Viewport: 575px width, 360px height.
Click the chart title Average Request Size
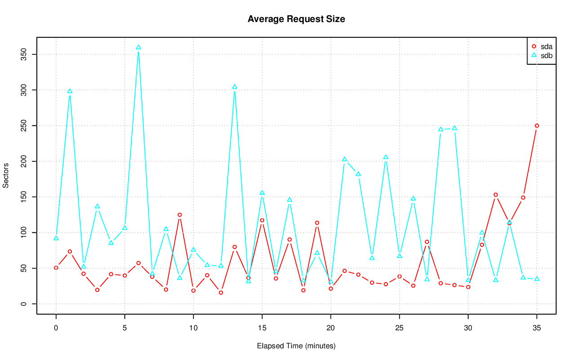click(296, 19)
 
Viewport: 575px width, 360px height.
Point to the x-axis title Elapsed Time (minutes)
click(296, 346)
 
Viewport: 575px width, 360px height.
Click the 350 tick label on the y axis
click(26, 55)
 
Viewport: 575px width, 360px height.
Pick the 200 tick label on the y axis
click(26, 161)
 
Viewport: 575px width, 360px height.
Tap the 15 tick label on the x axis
click(262, 329)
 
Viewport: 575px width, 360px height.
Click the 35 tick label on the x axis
click(536, 329)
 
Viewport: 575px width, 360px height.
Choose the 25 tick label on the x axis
click(399, 329)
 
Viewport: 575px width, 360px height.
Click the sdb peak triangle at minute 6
click(138, 47)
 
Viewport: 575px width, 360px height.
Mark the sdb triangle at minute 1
click(70, 91)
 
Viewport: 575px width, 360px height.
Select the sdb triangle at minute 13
click(234, 87)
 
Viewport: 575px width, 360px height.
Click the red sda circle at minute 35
click(536, 126)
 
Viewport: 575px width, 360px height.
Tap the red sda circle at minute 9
click(180, 215)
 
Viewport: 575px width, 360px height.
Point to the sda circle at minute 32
click(495, 195)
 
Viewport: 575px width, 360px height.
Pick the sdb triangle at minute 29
click(454, 128)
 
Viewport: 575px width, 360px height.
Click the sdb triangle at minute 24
click(385, 157)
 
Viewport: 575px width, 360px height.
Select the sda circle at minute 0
click(56, 267)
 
